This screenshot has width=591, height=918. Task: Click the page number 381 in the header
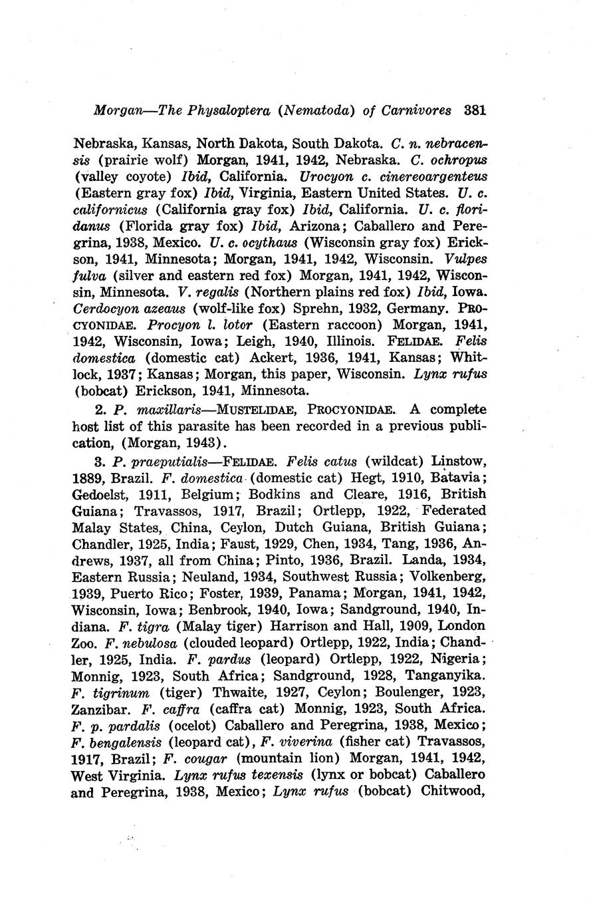tap(475, 110)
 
